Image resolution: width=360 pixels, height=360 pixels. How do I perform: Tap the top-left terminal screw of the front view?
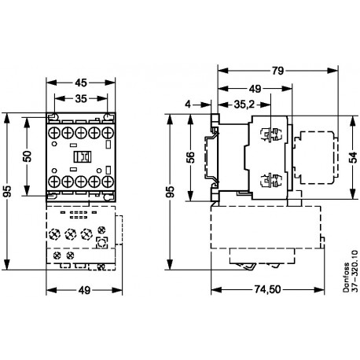[x=53, y=133]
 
